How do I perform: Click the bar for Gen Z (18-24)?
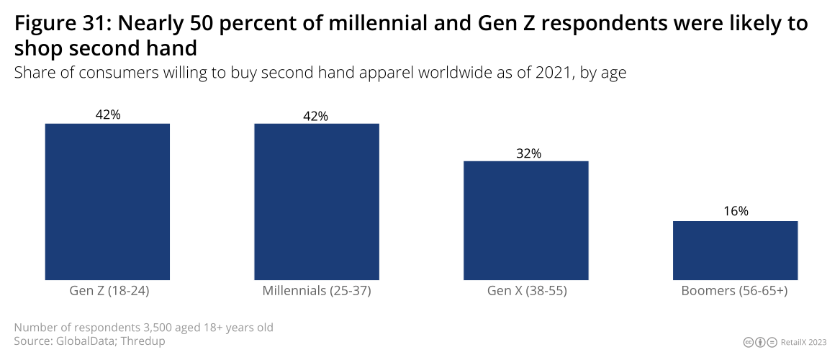(x=107, y=202)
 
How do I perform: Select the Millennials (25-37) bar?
(x=317, y=202)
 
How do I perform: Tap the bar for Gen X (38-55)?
(x=526, y=220)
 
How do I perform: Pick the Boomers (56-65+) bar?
(x=735, y=251)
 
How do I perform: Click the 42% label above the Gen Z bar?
(x=107, y=114)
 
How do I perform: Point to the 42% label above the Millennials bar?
(x=317, y=116)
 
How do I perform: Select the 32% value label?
(x=526, y=153)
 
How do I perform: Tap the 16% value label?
(x=735, y=211)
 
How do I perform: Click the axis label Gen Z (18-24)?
(x=107, y=292)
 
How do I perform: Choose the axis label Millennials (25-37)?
(x=317, y=292)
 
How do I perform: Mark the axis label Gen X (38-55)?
(x=526, y=292)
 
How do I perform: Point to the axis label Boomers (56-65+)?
(x=735, y=292)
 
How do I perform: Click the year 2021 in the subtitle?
(x=554, y=73)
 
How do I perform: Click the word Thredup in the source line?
(x=143, y=341)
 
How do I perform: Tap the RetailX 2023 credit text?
(x=804, y=342)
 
